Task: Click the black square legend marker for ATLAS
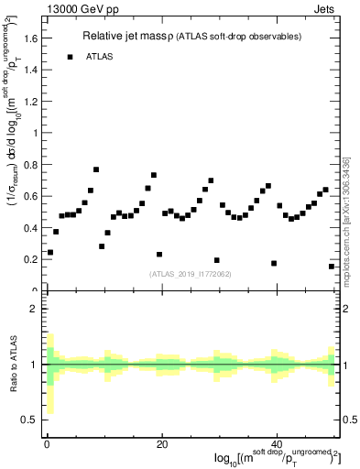(70, 57)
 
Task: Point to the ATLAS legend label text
(100, 57)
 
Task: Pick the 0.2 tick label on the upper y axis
(31, 259)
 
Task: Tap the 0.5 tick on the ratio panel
(31, 420)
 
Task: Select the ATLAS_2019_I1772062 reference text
(191, 273)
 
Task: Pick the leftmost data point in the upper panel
(50, 252)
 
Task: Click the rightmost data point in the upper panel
(332, 266)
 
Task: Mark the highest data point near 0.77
(96, 169)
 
